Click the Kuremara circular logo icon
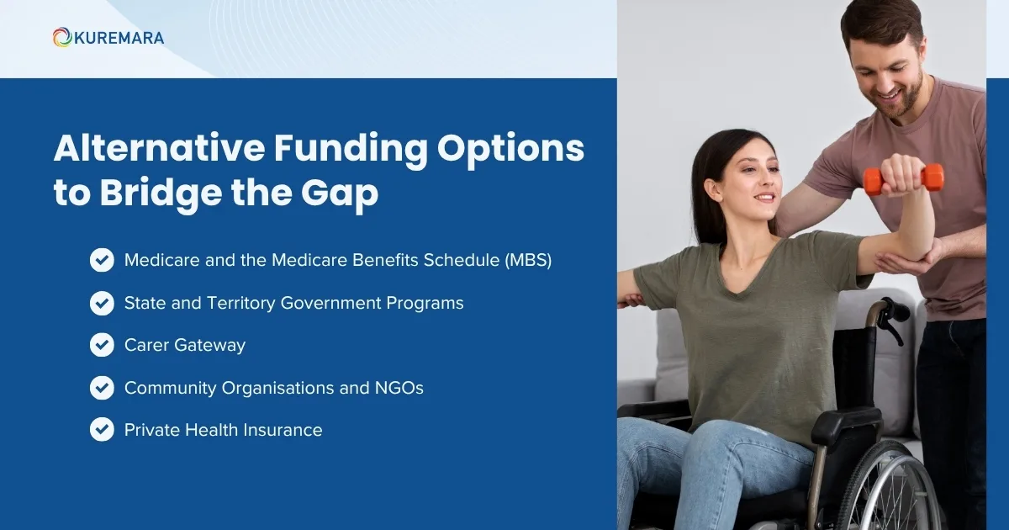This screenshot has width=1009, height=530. [61, 38]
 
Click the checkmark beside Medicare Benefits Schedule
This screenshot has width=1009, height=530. [102, 260]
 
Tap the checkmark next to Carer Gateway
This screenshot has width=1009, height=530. [102, 345]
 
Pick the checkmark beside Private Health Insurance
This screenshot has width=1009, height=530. [102, 430]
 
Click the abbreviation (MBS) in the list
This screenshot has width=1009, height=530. [528, 260]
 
